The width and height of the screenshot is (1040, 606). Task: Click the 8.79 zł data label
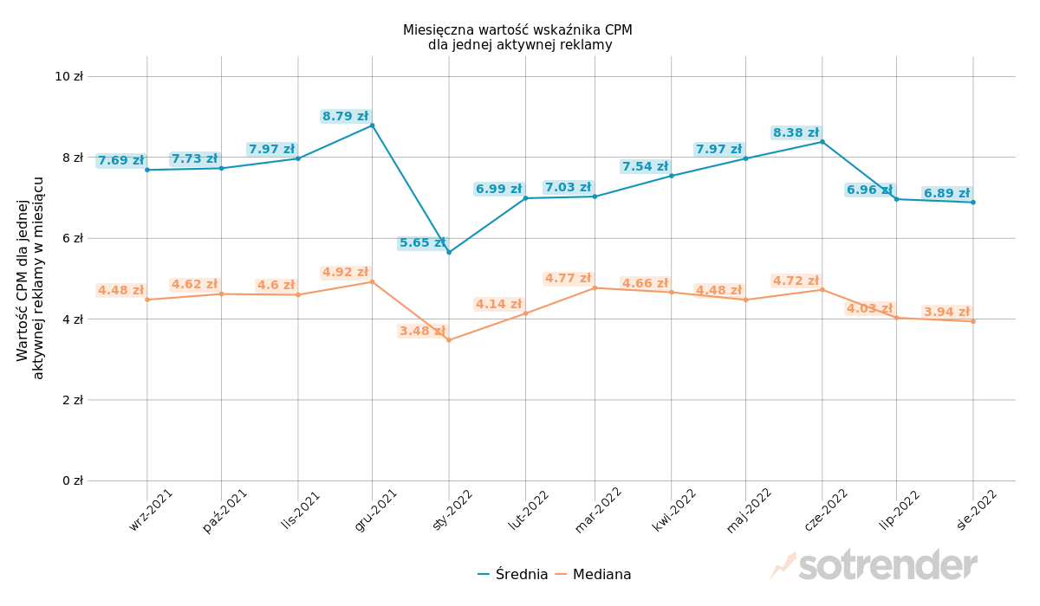coord(345,116)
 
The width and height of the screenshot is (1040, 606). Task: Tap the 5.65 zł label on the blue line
coord(422,243)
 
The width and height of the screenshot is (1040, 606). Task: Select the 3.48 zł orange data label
coord(422,331)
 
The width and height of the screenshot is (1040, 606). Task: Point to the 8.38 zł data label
coord(796,132)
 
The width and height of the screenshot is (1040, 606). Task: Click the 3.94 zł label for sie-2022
coord(946,312)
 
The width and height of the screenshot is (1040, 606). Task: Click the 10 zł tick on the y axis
coord(68,76)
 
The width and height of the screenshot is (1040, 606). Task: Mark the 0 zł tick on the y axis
coord(72,480)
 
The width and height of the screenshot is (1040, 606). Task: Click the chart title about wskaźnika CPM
coord(518,37)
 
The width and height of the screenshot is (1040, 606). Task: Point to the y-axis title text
coord(30,278)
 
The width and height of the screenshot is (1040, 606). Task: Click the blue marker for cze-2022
coord(822,141)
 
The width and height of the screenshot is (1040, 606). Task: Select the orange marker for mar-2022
coord(595,287)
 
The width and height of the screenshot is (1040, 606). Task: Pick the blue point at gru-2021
coord(372,126)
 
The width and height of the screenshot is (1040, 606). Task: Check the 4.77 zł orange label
coord(568,278)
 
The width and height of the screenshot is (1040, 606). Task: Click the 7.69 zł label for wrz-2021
coord(120,160)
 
